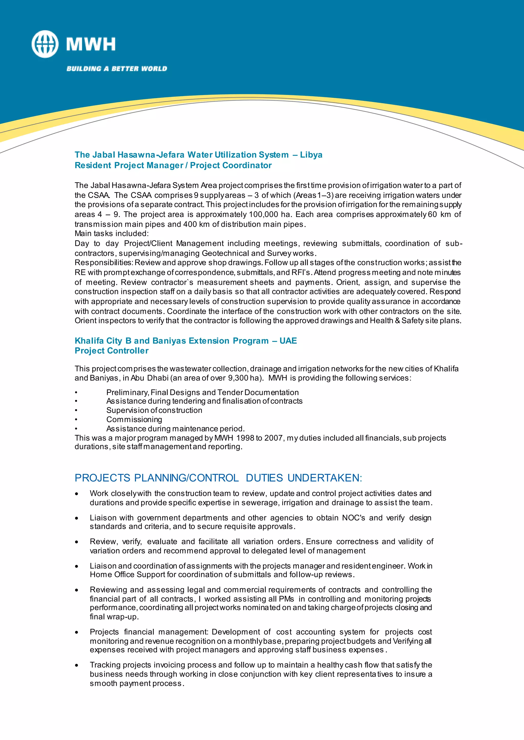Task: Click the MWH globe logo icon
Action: (x=45, y=44)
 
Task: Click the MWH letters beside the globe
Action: (x=91, y=44)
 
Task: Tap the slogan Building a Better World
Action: (x=117, y=69)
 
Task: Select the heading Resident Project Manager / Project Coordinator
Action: (x=173, y=165)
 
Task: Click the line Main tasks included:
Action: (x=112, y=233)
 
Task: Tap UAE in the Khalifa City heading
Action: (x=288, y=341)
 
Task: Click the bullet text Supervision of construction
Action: (x=154, y=410)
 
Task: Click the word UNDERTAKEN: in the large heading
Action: (x=325, y=478)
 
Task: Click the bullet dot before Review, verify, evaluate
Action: (x=77, y=542)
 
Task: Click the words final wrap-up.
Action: (x=114, y=617)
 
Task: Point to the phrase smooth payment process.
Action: (x=137, y=684)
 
